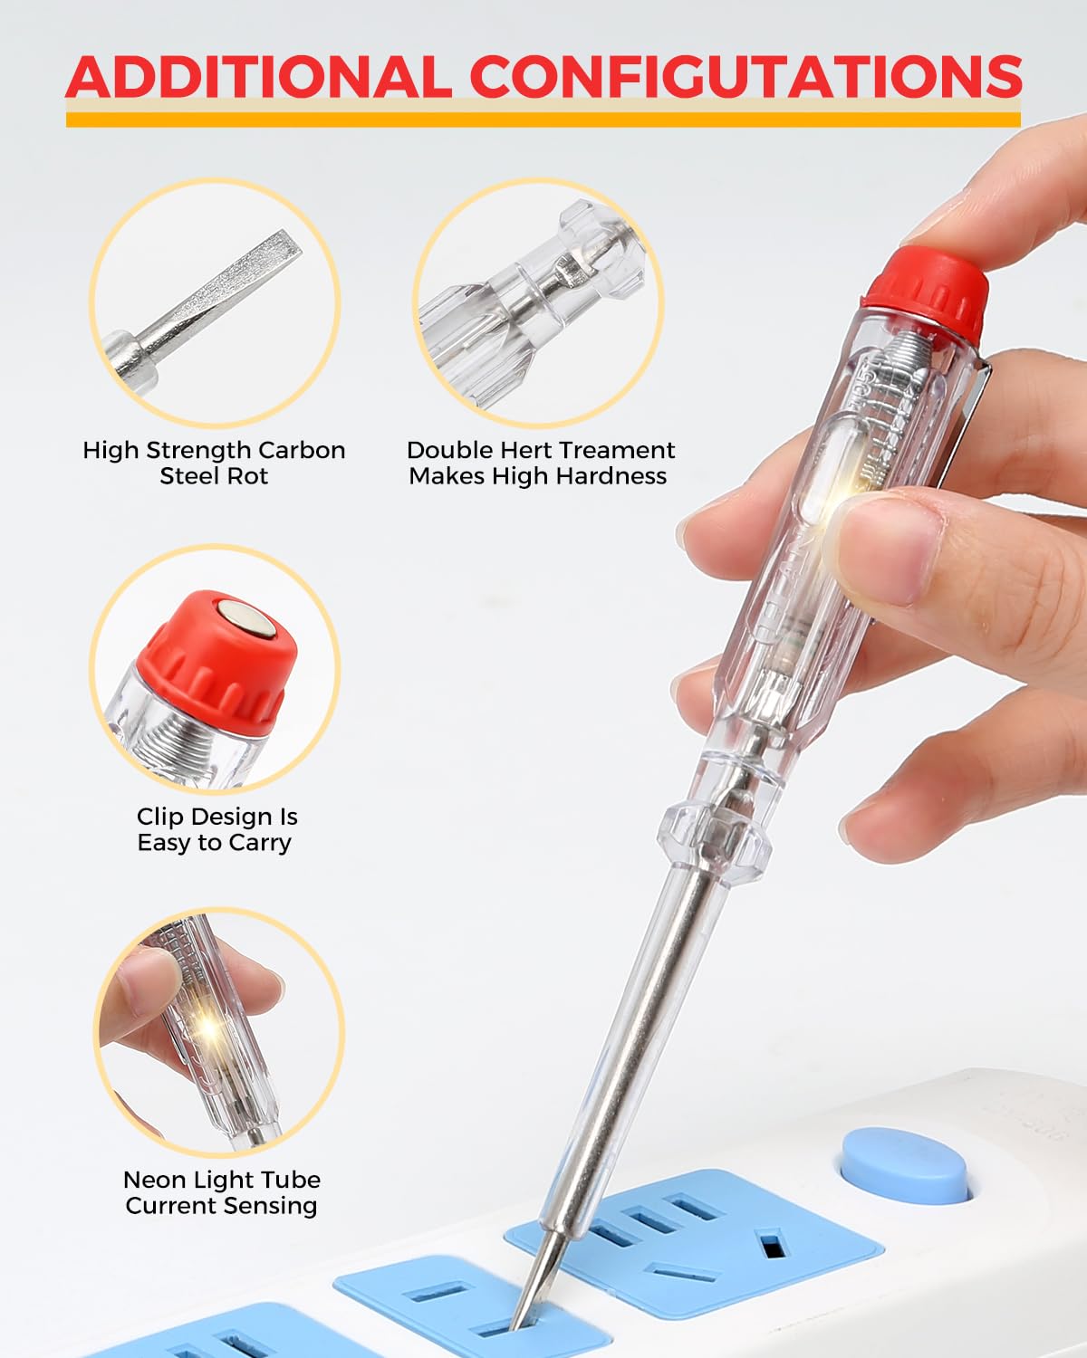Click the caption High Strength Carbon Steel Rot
[x=214, y=463]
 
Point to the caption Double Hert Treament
[x=540, y=450]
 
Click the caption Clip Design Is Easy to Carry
[x=216, y=829]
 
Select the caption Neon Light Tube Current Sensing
[x=221, y=1192]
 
